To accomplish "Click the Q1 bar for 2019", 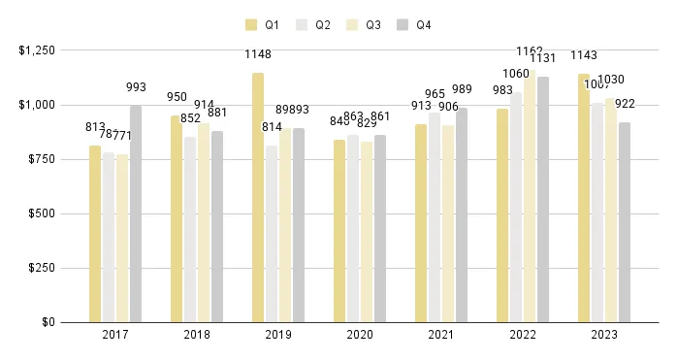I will [x=258, y=198].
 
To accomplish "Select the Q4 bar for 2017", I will [x=136, y=214].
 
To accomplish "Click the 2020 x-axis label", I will [x=359, y=334].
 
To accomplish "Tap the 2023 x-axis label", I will [x=603, y=334].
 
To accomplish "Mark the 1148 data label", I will [x=258, y=54].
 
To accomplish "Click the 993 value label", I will [x=136, y=87].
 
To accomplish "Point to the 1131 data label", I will [x=544, y=56].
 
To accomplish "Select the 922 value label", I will [x=626, y=103].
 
